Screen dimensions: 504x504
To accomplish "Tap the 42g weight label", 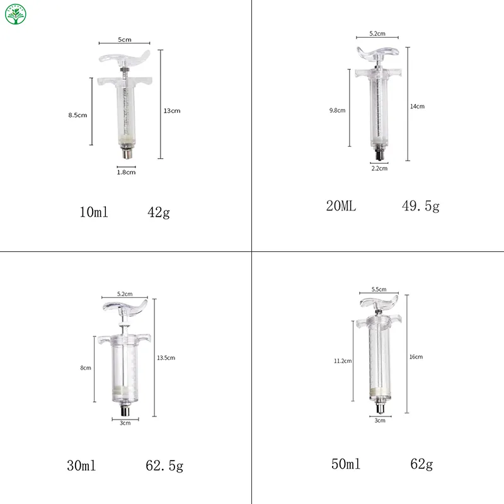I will pyautogui.click(x=159, y=213).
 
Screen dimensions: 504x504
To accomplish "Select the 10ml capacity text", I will pyautogui.click(x=94, y=213).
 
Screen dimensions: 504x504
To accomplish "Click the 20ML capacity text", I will pyautogui.click(x=341, y=206).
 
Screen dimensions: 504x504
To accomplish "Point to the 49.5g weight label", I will pyautogui.click(x=420, y=206).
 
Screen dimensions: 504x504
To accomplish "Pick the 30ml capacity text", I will pyautogui.click(x=81, y=467).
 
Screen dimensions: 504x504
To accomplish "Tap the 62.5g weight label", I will pyautogui.click(x=164, y=467).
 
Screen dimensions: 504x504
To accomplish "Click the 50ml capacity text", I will pyautogui.click(x=346, y=465).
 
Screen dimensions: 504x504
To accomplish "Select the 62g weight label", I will pyautogui.click(x=421, y=465).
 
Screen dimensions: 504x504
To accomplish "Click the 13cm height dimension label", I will pyautogui.click(x=172, y=111).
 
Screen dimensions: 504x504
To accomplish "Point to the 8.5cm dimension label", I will pyautogui.click(x=77, y=115).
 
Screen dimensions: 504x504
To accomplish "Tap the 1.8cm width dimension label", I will pyautogui.click(x=127, y=171).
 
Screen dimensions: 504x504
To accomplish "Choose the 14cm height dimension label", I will pyautogui.click(x=417, y=106).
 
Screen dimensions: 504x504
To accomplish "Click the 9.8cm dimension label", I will pyautogui.click(x=337, y=110).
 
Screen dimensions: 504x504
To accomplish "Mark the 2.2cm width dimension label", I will pyautogui.click(x=379, y=168).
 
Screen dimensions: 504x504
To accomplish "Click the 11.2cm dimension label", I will pyautogui.click(x=343, y=361).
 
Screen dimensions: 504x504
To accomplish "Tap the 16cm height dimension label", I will pyautogui.click(x=416, y=357).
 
